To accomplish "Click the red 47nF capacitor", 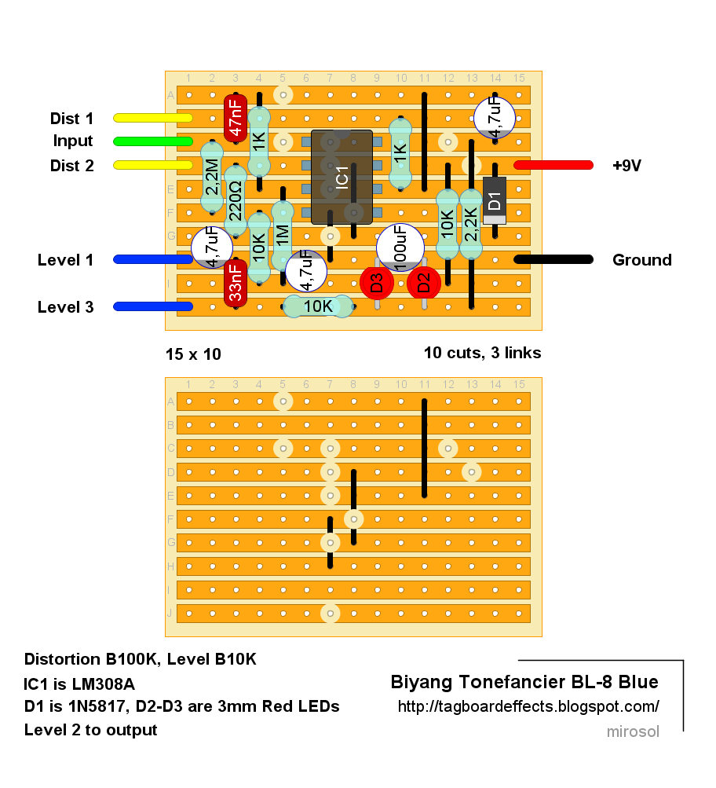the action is pos(235,118).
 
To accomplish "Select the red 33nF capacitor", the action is pos(235,284).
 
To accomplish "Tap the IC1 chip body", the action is pos(342,177).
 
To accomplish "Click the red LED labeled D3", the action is pos(377,283).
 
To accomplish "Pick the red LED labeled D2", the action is pos(424,283).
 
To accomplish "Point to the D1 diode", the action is pos(495,200).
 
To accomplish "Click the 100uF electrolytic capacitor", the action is pos(400,247).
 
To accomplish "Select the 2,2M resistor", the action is pos(212,177).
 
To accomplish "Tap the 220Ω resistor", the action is pos(235,200).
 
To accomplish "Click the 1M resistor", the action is pos(282,236).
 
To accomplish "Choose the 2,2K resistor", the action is pos(471,224).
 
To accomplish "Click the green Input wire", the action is pos(153,141).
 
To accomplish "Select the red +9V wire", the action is pos(553,165).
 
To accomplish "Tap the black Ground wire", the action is pos(553,259).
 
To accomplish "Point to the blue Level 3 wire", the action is pos(153,306).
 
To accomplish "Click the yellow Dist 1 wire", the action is pos(153,118).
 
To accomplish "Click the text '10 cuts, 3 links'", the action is pos(483,354).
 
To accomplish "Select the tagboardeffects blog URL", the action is pos(528,706).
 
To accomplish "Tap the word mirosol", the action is pos(633,731).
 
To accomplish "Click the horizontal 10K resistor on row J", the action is pos(318,306).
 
